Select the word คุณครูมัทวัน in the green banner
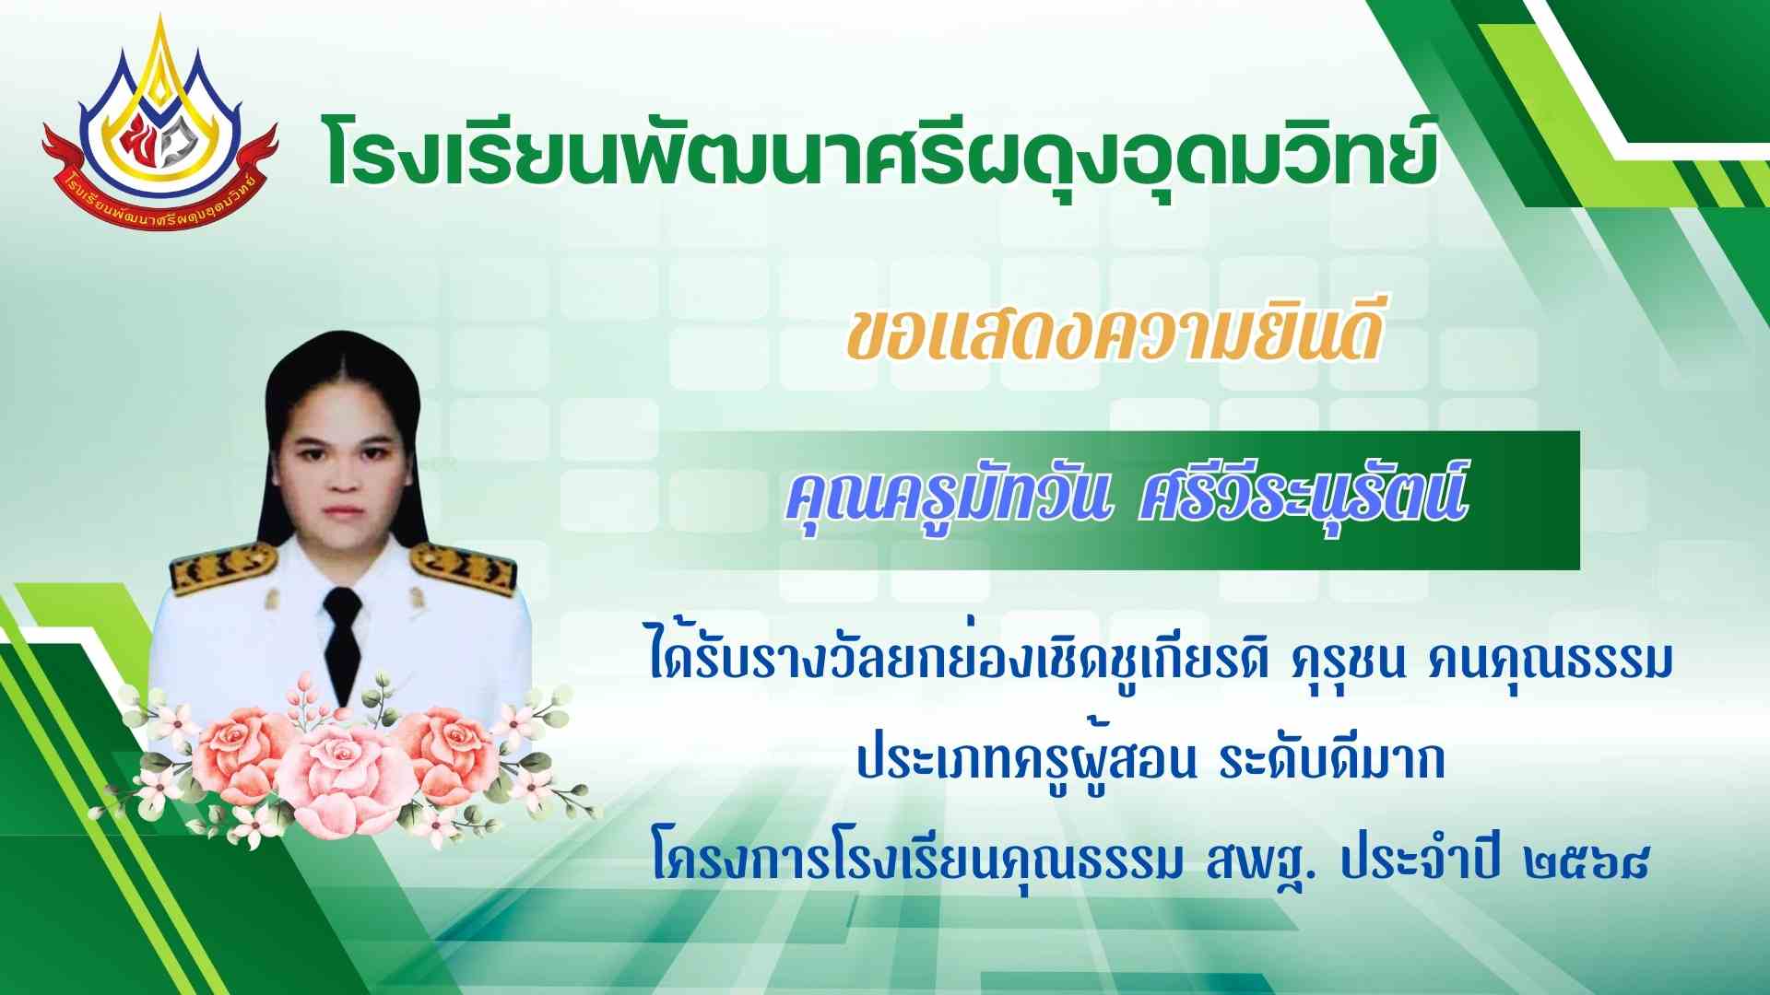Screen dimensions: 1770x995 pyautogui.click(x=945, y=502)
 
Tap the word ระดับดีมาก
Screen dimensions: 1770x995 pyautogui.click(x=1331, y=764)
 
